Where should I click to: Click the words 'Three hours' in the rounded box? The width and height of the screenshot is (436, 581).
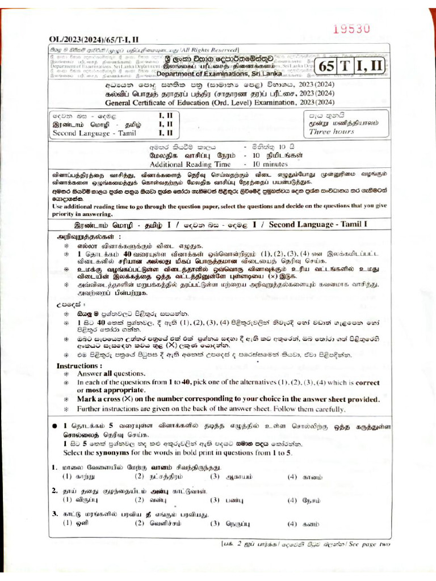(x=331, y=132)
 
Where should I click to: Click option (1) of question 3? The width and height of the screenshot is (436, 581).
(x=78, y=524)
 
